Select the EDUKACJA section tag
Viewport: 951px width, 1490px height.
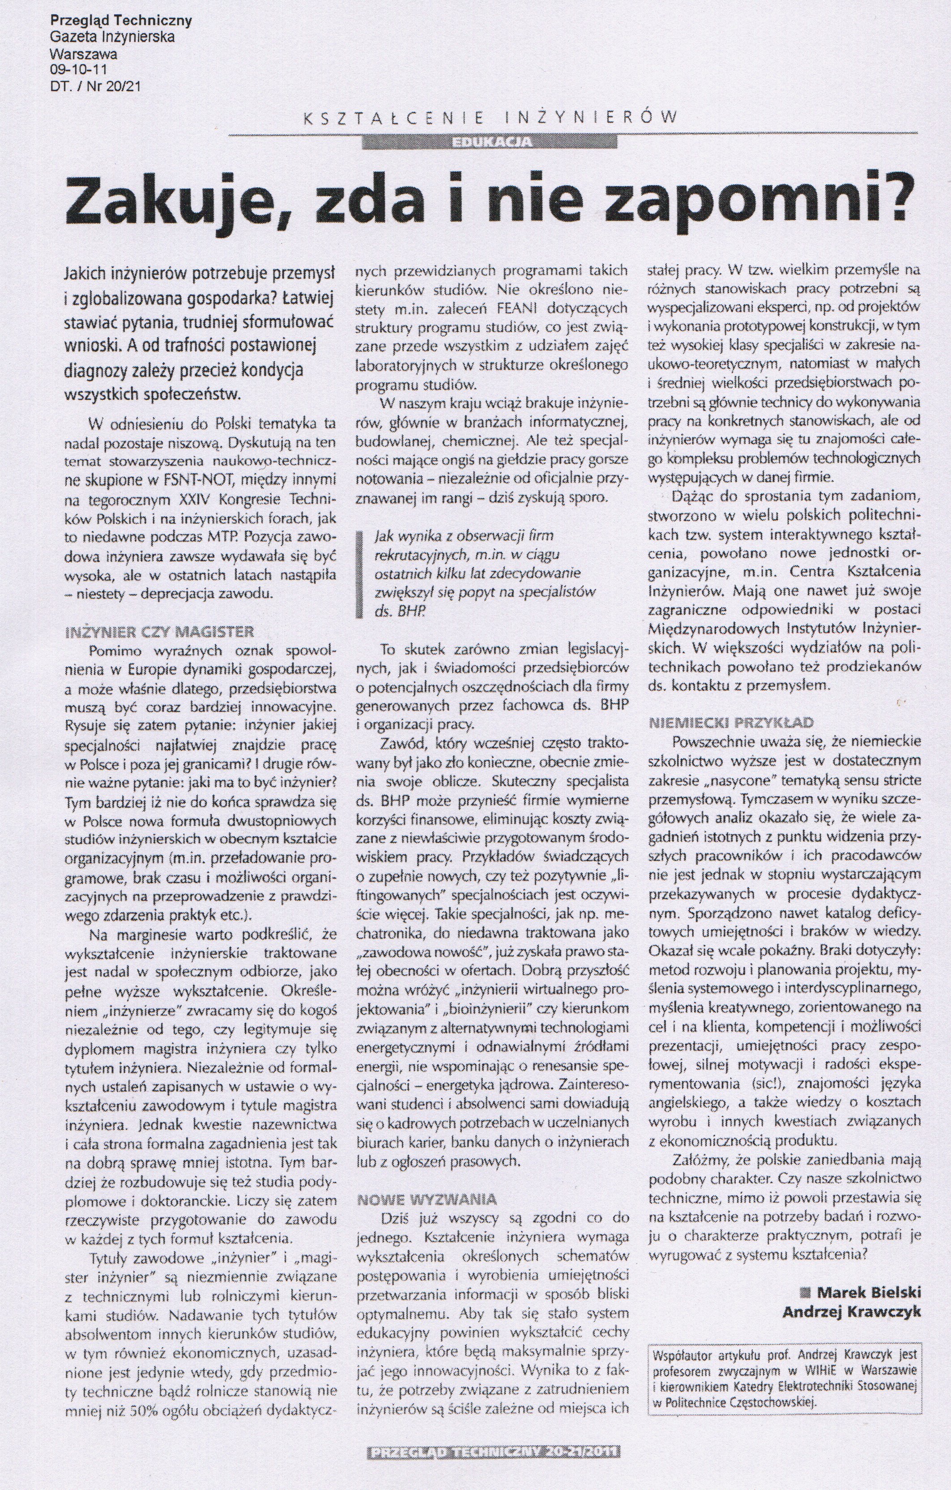(x=492, y=142)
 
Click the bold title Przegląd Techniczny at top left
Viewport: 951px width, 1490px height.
(x=121, y=21)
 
